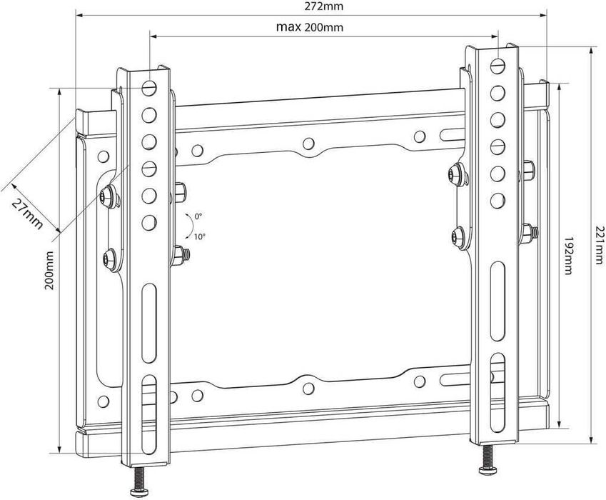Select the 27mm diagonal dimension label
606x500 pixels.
point(27,212)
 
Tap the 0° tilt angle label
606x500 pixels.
point(198,216)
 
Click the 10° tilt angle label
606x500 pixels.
point(199,236)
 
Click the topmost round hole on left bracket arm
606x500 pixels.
point(149,88)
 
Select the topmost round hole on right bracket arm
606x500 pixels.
point(498,65)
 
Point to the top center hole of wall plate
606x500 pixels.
point(308,144)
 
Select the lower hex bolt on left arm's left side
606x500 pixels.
point(108,259)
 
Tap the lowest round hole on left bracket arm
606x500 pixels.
point(149,222)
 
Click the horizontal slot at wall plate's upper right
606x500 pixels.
point(453,134)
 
